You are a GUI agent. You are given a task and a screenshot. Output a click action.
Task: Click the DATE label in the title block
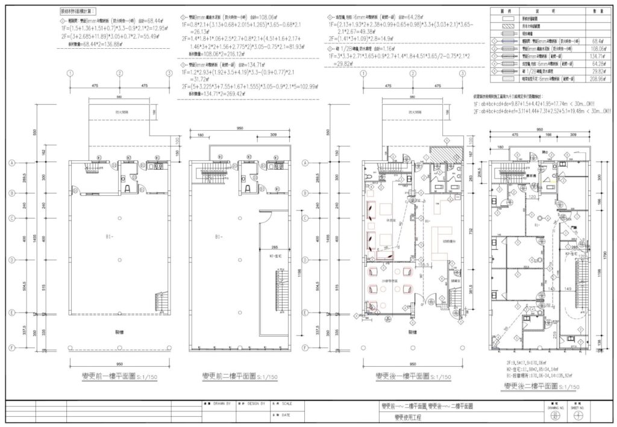[284, 415]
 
